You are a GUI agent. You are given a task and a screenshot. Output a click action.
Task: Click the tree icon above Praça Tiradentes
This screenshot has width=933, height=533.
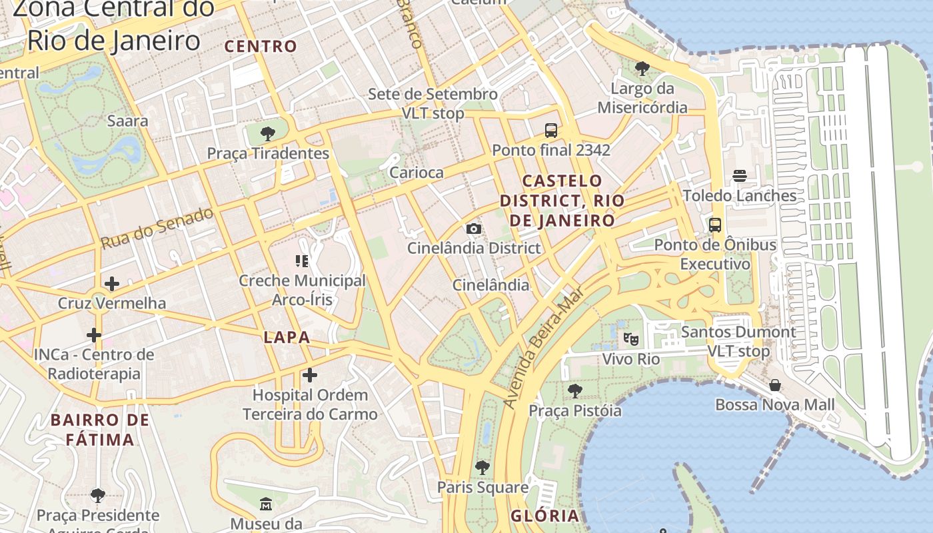[x=268, y=134]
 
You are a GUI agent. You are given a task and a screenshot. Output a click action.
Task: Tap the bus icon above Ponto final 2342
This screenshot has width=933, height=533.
[x=551, y=131]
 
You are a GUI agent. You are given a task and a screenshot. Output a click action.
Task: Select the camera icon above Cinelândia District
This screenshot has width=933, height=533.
[x=474, y=229]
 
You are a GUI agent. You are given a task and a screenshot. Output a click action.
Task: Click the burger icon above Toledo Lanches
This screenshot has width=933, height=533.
[x=740, y=177]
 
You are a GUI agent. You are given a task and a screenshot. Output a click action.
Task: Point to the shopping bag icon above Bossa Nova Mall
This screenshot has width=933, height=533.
[x=775, y=385]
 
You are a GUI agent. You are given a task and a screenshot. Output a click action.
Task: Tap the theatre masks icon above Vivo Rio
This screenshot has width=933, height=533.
[x=630, y=339]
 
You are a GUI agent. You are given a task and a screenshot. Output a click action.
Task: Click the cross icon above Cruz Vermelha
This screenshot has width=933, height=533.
[x=112, y=284]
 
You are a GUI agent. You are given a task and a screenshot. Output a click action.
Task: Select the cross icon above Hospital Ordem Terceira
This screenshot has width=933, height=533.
[x=310, y=376]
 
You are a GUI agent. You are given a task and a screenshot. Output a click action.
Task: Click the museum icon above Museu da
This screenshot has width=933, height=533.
[x=266, y=504]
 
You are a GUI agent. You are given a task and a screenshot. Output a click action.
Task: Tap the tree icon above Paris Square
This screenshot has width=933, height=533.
[x=482, y=468]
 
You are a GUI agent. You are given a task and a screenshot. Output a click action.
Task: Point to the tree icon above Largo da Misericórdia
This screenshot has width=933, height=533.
[x=642, y=69]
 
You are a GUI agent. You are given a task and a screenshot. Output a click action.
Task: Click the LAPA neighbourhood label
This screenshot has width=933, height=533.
[x=287, y=337]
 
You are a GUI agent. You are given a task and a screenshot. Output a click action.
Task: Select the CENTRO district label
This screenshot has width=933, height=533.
[x=261, y=46]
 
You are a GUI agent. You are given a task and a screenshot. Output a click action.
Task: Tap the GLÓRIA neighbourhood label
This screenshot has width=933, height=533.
[x=545, y=516]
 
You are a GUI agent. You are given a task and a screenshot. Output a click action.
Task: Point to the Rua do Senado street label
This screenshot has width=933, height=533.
[x=157, y=228]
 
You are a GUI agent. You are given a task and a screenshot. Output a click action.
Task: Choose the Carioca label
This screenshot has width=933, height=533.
[x=417, y=173]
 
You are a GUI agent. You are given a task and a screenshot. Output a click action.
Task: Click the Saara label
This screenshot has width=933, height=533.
[x=128, y=121]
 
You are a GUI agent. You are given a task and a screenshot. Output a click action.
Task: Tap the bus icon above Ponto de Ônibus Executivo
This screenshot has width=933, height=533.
[x=715, y=225]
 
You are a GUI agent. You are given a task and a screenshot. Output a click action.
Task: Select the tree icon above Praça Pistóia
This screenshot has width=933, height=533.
[x=575, y=391]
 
